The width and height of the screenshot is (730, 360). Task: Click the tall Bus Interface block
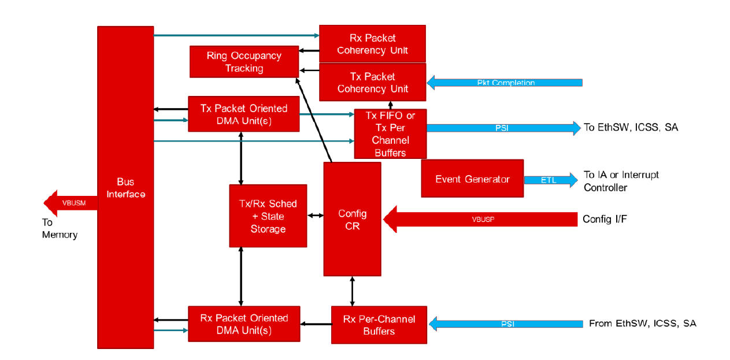coord(125,187)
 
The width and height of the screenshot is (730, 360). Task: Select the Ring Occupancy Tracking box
coord(244,62)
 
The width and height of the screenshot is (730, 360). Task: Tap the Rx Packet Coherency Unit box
coord(372,44)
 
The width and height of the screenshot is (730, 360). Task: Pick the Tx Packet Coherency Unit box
coord(372,83)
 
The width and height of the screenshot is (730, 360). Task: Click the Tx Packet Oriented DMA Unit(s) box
coord(244,114)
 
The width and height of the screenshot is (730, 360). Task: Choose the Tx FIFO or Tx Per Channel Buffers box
coord(390,134)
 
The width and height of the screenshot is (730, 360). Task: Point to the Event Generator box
coord(472,179)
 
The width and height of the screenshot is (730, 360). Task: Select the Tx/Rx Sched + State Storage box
coord(268,216)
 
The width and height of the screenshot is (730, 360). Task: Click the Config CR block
coord(352,220)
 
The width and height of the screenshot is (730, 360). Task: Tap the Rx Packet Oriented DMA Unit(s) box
coord(244,324)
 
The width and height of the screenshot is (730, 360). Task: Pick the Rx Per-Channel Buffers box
coord(379,325)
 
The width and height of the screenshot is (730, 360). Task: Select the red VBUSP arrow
coord(480,220)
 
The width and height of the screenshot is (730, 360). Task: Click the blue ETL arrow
coord(550,180)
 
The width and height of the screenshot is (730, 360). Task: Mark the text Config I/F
coord(605,219)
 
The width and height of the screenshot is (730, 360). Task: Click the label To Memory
coord(60,228)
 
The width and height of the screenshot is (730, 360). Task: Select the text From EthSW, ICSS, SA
coord(642,324)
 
